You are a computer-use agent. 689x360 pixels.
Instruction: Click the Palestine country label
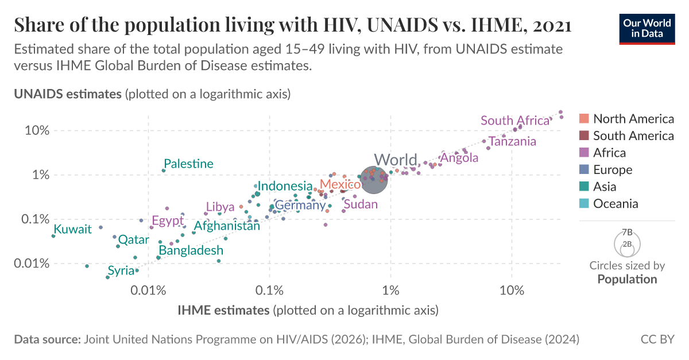[x=188, y=164]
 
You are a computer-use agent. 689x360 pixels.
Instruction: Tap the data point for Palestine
[x=164, y=171]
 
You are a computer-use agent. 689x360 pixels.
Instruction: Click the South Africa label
[x=515, y=121]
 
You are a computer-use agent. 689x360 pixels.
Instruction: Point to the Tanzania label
[x=512, y=141]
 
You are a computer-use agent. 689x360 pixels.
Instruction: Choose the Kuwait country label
[x=73, y=229]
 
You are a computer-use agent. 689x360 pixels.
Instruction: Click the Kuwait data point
[x=53, y=236]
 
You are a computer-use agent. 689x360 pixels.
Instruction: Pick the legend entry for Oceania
[x=616, y=203]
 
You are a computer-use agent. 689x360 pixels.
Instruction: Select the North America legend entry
[x=633, y=119]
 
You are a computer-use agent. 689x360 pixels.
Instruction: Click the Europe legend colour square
[x=585, y=170]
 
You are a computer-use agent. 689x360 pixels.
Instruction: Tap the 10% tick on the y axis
[x=38, y=130]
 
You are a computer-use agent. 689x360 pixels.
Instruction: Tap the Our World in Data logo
[x=647, y=28]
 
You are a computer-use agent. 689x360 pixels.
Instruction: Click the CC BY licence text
[x=657, y=339]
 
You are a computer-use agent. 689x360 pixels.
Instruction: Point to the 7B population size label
[x=627, y=233]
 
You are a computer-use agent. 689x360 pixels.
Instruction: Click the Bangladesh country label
[x=191, y=250]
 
